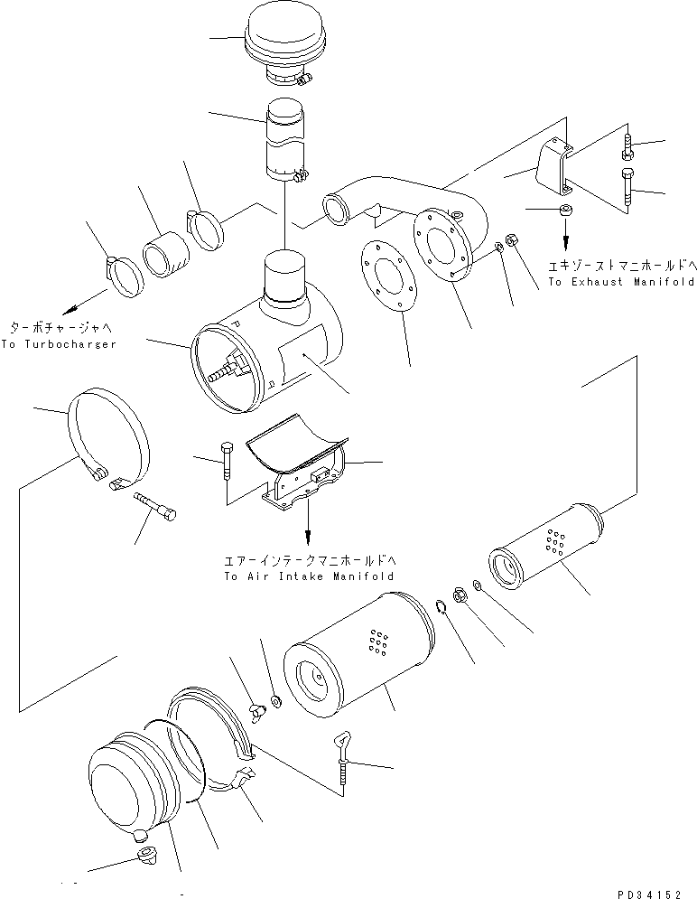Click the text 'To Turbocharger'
point(58,345)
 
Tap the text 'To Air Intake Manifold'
point(310,576)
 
